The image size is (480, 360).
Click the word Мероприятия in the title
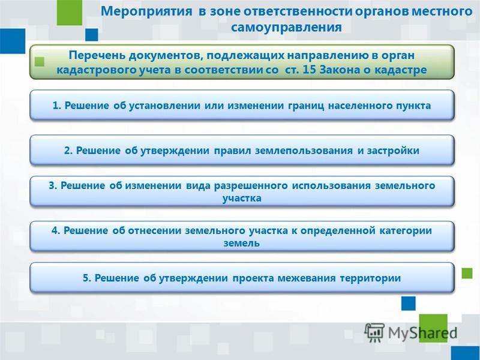click(x=146, y=12)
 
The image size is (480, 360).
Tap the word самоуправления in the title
click(x=286, y=27)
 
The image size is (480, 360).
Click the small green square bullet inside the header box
click(x=40, y=62)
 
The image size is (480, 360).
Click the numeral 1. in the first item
click(x=57, y=106)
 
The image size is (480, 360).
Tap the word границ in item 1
click(x=306, y=106)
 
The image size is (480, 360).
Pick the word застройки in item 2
click(x=393, y=151)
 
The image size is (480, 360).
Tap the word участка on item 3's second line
click(x=242, y=199)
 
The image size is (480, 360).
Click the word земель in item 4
click(x=242, y=243)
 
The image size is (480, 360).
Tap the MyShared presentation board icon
click(x=374, y=332)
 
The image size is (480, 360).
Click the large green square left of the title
click(x=70, y=13)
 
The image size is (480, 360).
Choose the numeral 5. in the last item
click(x=87, y=278)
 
